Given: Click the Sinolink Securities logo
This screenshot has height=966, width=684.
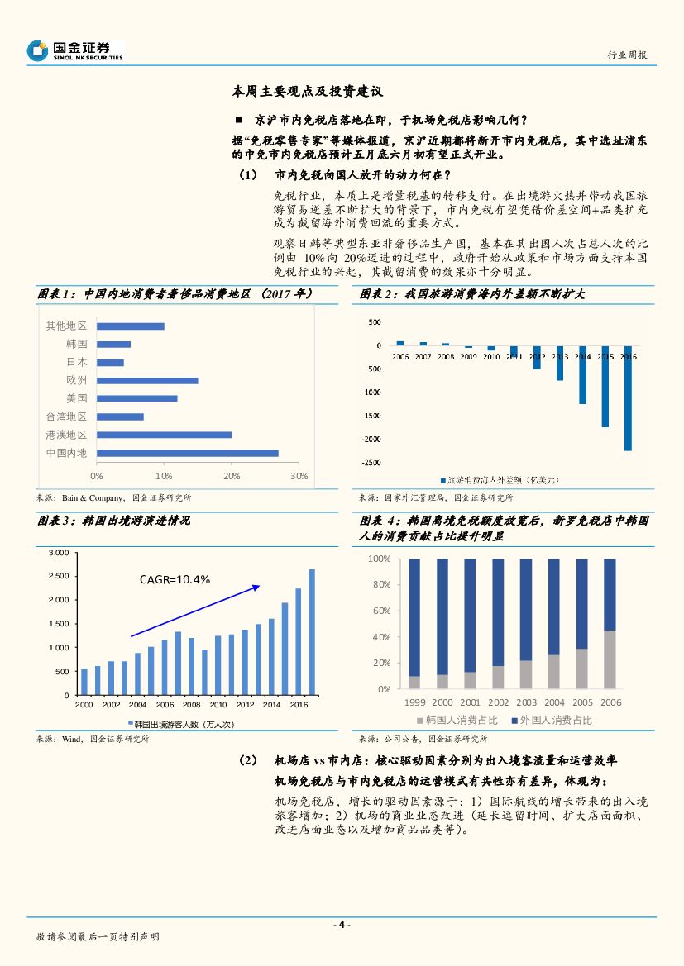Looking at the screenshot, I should coord(74,50).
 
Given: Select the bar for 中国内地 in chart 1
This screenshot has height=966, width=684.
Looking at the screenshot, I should coord(187,453).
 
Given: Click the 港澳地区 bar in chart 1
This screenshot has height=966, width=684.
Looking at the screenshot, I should coord(164,435).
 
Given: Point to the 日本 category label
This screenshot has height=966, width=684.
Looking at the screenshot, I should coord(77,362).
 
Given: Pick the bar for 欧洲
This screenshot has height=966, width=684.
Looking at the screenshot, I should coord(147,380).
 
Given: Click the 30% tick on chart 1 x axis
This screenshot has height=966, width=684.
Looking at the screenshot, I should coord(299,476).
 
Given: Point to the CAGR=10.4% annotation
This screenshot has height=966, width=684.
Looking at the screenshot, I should coord(175,579).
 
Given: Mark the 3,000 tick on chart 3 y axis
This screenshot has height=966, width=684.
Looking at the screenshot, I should coord(60,552).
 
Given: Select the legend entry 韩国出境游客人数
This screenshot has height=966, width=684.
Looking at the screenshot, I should coord(184,724).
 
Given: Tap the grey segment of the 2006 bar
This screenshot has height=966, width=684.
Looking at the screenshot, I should coord(610,659).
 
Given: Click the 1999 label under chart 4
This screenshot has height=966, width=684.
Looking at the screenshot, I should coord(414,702).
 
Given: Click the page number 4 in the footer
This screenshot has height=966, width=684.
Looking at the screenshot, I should coord(342,925).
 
